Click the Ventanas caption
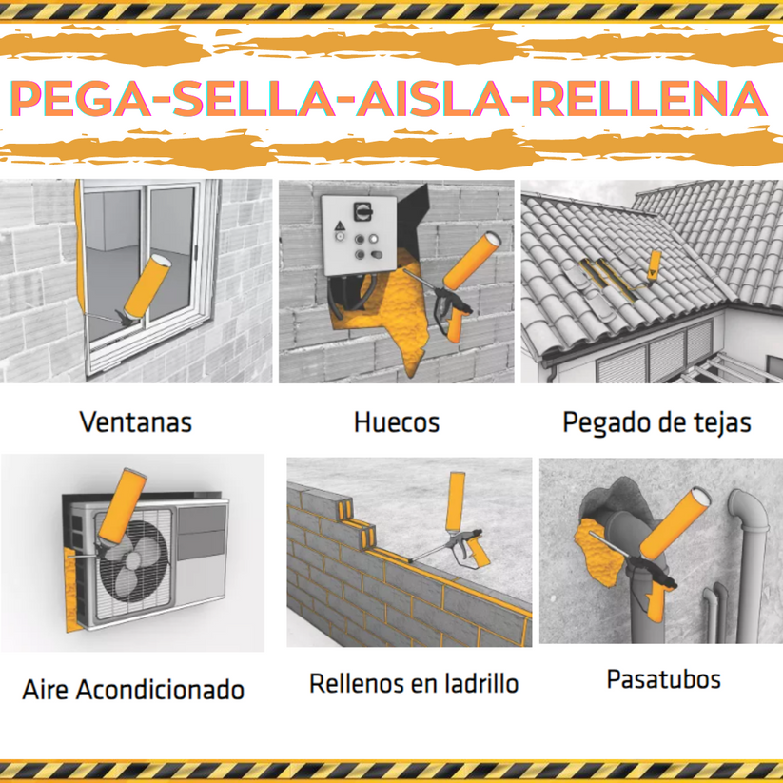click(x=136, y=421)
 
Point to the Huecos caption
click(x=396, y=421)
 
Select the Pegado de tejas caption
click(x=656, y=421)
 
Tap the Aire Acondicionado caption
click(x=133, y=689)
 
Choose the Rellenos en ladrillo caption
click(x=414, y=682)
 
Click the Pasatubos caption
click(x=663, y=679)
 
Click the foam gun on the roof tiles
click(x=654, y=264)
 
